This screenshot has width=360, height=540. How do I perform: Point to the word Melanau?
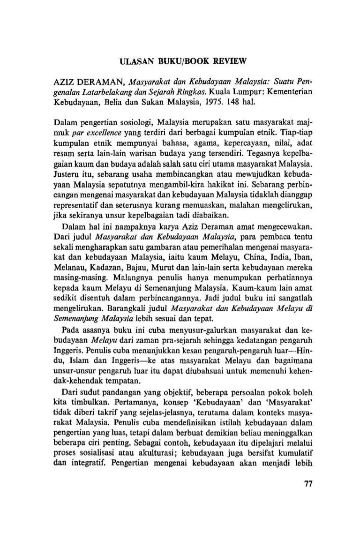[x=65, y=272]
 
